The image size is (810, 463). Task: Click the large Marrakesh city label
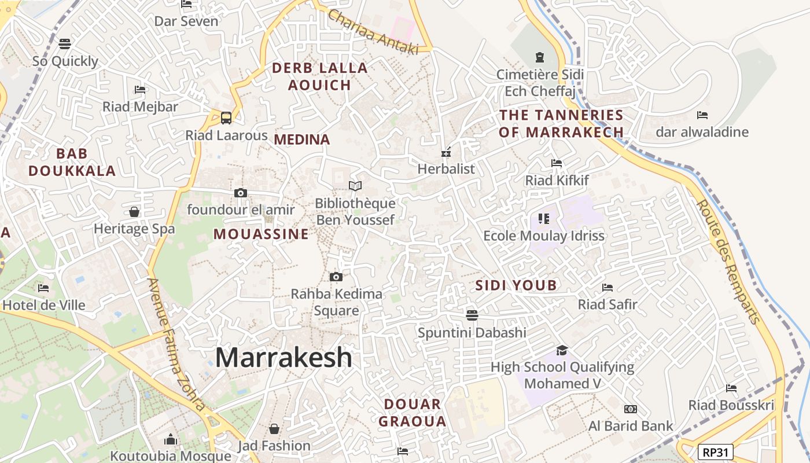(283, 358)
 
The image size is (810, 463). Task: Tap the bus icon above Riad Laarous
(226, 117)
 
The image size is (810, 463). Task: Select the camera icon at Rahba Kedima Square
(336, 277)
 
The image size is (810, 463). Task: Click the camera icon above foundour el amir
(241, 193)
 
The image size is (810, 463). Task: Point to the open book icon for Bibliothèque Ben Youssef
(355, 186)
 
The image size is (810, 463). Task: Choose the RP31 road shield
(716, 451)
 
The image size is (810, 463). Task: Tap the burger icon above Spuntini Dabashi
(472, 315)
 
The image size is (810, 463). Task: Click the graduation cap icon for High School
(562, 350)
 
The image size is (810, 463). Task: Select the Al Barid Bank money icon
(631, 409)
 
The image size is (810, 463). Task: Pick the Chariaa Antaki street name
(373, 32)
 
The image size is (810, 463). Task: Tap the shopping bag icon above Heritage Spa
(134, 212)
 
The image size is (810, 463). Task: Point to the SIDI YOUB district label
(516, 285)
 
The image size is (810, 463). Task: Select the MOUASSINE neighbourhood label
(261, 234)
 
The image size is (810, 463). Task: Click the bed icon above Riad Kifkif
(557, 163)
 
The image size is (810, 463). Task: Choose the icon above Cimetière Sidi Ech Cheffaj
(540, 57)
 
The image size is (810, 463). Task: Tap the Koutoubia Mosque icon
(170, 440)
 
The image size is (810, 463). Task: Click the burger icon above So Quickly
(65, 44)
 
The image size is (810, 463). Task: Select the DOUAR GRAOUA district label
(413, 412)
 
